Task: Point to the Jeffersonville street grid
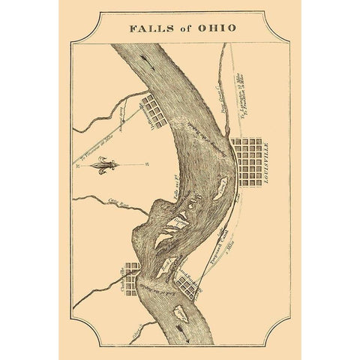coord(156,109)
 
